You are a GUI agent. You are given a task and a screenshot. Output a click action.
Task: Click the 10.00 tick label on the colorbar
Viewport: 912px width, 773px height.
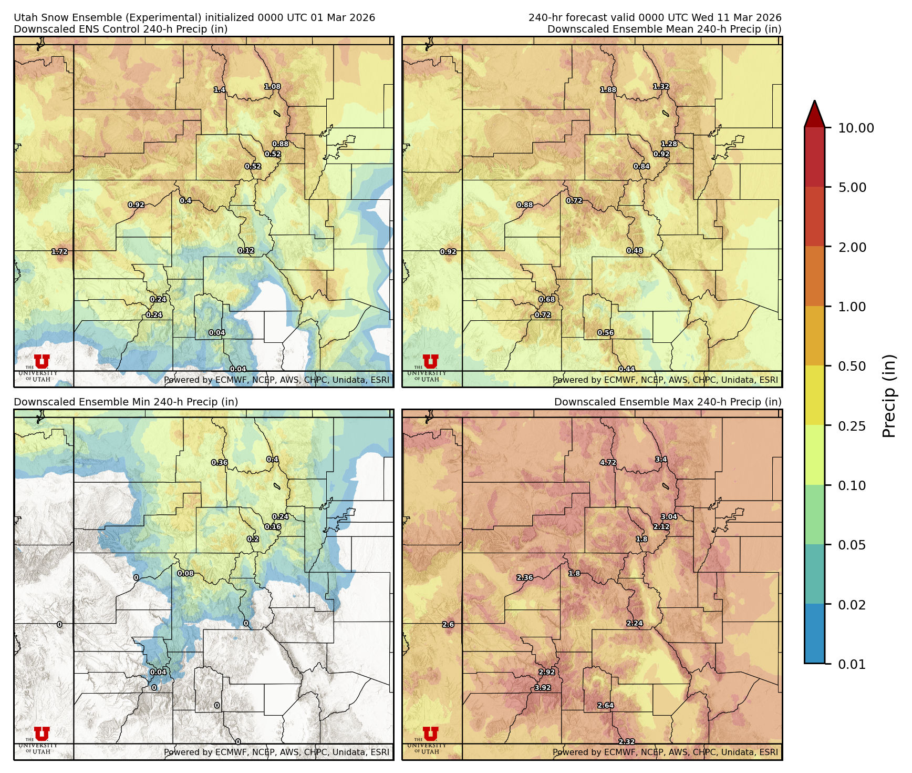(856, 128)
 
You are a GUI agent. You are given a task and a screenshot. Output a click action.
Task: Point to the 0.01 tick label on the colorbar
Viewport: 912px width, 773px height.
(852, 664)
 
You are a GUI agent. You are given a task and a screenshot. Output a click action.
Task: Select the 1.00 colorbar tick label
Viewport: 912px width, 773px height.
(852, 307)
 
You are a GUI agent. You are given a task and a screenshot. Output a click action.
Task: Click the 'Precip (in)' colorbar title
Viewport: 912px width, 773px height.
(889, 396)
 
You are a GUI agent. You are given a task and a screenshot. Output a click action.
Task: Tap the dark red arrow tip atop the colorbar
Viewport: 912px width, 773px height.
(814, 111)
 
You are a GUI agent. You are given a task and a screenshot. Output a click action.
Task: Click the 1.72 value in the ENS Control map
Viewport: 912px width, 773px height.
(59, 252)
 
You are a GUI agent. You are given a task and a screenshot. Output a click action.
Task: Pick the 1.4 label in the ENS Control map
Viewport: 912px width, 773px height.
(220, 90)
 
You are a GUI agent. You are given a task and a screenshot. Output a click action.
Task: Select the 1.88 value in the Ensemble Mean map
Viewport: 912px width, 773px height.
(608, 90)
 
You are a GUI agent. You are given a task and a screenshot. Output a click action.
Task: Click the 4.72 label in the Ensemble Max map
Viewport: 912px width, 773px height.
(608, 463)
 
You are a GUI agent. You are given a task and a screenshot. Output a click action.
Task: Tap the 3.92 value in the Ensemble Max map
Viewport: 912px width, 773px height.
(543, 688)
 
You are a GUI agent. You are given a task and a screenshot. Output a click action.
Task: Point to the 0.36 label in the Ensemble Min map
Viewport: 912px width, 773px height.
(220, 463)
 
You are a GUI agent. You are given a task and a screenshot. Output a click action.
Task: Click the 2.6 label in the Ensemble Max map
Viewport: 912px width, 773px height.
(448, 625)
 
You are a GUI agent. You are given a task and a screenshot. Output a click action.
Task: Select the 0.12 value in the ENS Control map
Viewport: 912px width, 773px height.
(246, 251)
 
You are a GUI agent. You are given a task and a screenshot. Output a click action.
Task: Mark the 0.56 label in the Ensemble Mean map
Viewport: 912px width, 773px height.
(606, 333)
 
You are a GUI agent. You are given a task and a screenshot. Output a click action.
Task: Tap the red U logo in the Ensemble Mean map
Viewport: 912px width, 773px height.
(430, 361)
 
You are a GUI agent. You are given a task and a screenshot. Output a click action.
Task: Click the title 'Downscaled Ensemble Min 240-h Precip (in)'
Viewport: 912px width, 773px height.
(126, 402)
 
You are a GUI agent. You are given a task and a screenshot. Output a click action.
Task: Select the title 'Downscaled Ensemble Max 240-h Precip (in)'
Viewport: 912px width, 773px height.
(668, 402)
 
